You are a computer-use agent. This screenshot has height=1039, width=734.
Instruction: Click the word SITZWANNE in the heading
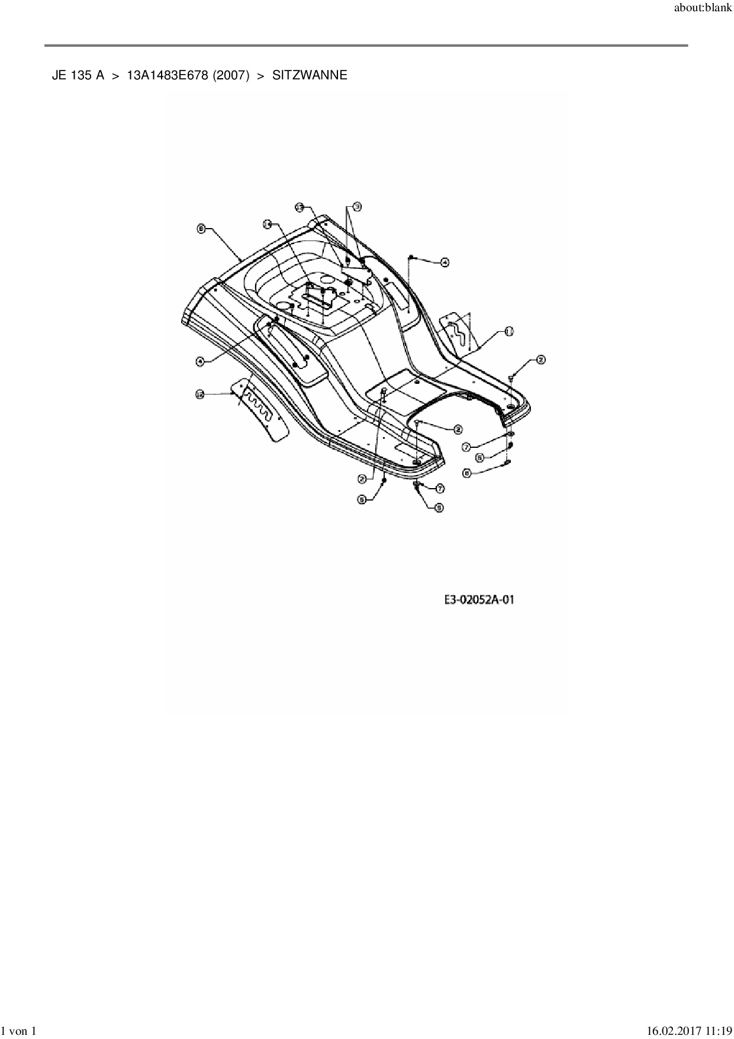[310, 75]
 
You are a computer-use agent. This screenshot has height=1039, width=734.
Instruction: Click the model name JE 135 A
[78, 75]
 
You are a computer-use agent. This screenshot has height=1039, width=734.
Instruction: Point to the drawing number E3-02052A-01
[479, 600]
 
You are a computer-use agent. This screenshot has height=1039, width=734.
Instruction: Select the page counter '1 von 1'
[20, 1032]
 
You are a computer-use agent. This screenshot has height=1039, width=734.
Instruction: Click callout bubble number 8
[201, 229]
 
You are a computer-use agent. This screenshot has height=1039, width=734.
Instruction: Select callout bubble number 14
[268, 225]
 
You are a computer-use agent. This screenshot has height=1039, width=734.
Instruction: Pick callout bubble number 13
[300, 207]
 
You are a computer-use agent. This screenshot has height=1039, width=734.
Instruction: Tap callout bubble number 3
[357, 206]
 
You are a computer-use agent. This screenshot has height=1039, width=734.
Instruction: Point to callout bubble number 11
[508, 332]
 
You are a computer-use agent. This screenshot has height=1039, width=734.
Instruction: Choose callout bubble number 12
[200, 393]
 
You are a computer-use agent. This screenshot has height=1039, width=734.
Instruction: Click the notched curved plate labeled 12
[260, 408]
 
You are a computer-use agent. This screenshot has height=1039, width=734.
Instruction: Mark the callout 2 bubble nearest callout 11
[540, 359]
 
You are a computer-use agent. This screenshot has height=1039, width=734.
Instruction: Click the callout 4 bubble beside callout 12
[200, 361]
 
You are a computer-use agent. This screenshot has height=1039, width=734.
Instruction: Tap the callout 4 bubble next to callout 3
[444, 262]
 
